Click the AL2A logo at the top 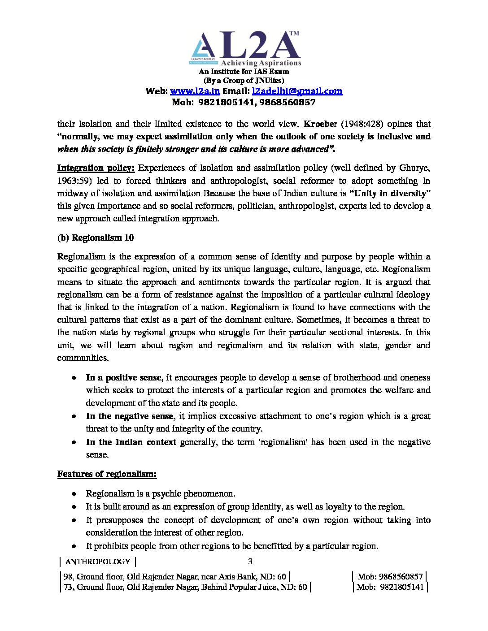[245, 49]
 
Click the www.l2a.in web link [195, 91]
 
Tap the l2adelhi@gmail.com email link [297, 91]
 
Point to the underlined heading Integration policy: [96, 168]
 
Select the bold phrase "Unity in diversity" [390, 193]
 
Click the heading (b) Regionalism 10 [96, 238]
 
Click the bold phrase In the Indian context [131, 442]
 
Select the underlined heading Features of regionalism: [107, 474]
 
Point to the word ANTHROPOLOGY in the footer [98, 562]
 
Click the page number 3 [250, 561]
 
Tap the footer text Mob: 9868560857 [390, 576]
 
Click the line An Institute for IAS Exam [244, 71]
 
